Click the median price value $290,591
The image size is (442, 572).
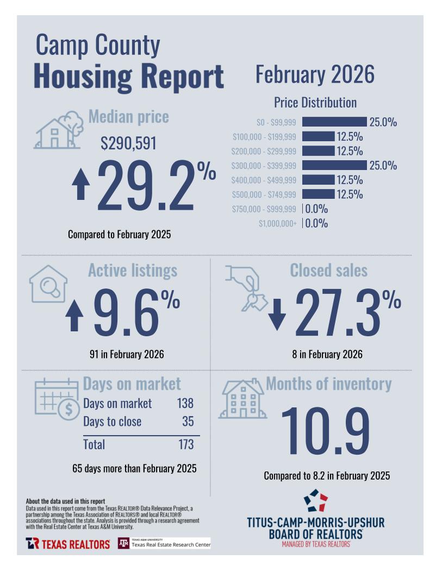(x=128, y=143)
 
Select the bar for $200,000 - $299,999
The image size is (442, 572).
(x=318, y=151)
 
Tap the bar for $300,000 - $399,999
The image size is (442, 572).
(x=334, y=165)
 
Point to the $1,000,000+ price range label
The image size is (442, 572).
(x=277, y=223)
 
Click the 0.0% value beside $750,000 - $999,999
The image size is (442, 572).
(x=316, y=209)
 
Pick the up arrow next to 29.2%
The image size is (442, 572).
(x=81, y=184)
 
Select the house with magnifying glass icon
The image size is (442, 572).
(x=48, y=284)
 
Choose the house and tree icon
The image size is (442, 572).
(x=59, y=130)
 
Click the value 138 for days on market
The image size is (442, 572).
(x=185, y=404)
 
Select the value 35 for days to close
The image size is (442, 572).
(x=188, y=422)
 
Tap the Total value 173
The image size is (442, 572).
(x=185, y=444)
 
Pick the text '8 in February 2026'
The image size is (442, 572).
(x=327, y=355)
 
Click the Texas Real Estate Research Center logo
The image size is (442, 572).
(x=164, y=543)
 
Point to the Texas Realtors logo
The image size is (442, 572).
(x=68, y=544)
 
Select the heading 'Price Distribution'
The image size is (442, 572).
(x=315, y=103)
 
